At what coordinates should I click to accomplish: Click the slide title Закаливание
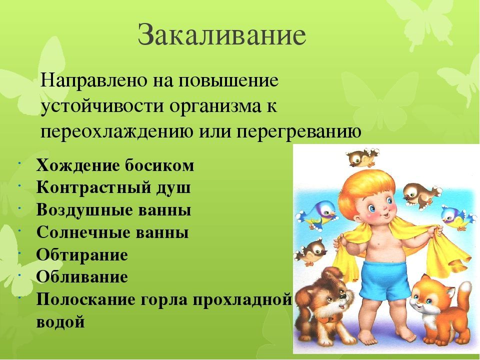(222, 34)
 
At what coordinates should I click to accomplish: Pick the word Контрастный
(94, 187)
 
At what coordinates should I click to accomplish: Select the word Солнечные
(83, 232)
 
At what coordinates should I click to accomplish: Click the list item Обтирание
(82, 255)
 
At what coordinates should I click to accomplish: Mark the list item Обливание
(82, 277)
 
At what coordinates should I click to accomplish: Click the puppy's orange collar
(325, 319)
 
